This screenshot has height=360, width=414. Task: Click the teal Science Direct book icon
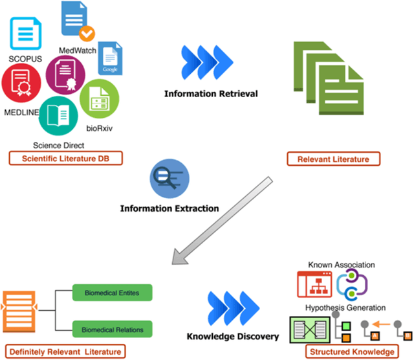(x=58, y=115)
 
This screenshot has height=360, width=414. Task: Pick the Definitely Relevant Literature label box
(x=64, y=350)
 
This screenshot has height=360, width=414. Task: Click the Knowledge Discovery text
(x=232, y=336)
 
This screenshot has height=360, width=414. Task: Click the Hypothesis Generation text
(x=345, y=307)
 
